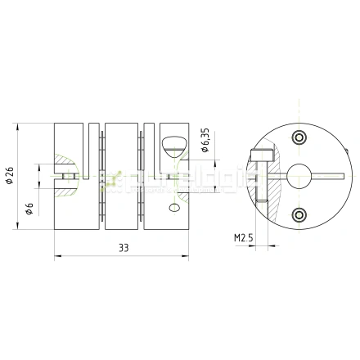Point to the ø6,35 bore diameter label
tap(205, 143)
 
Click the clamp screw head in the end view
tap(262, 154)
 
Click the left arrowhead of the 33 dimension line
tap(58, 255)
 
